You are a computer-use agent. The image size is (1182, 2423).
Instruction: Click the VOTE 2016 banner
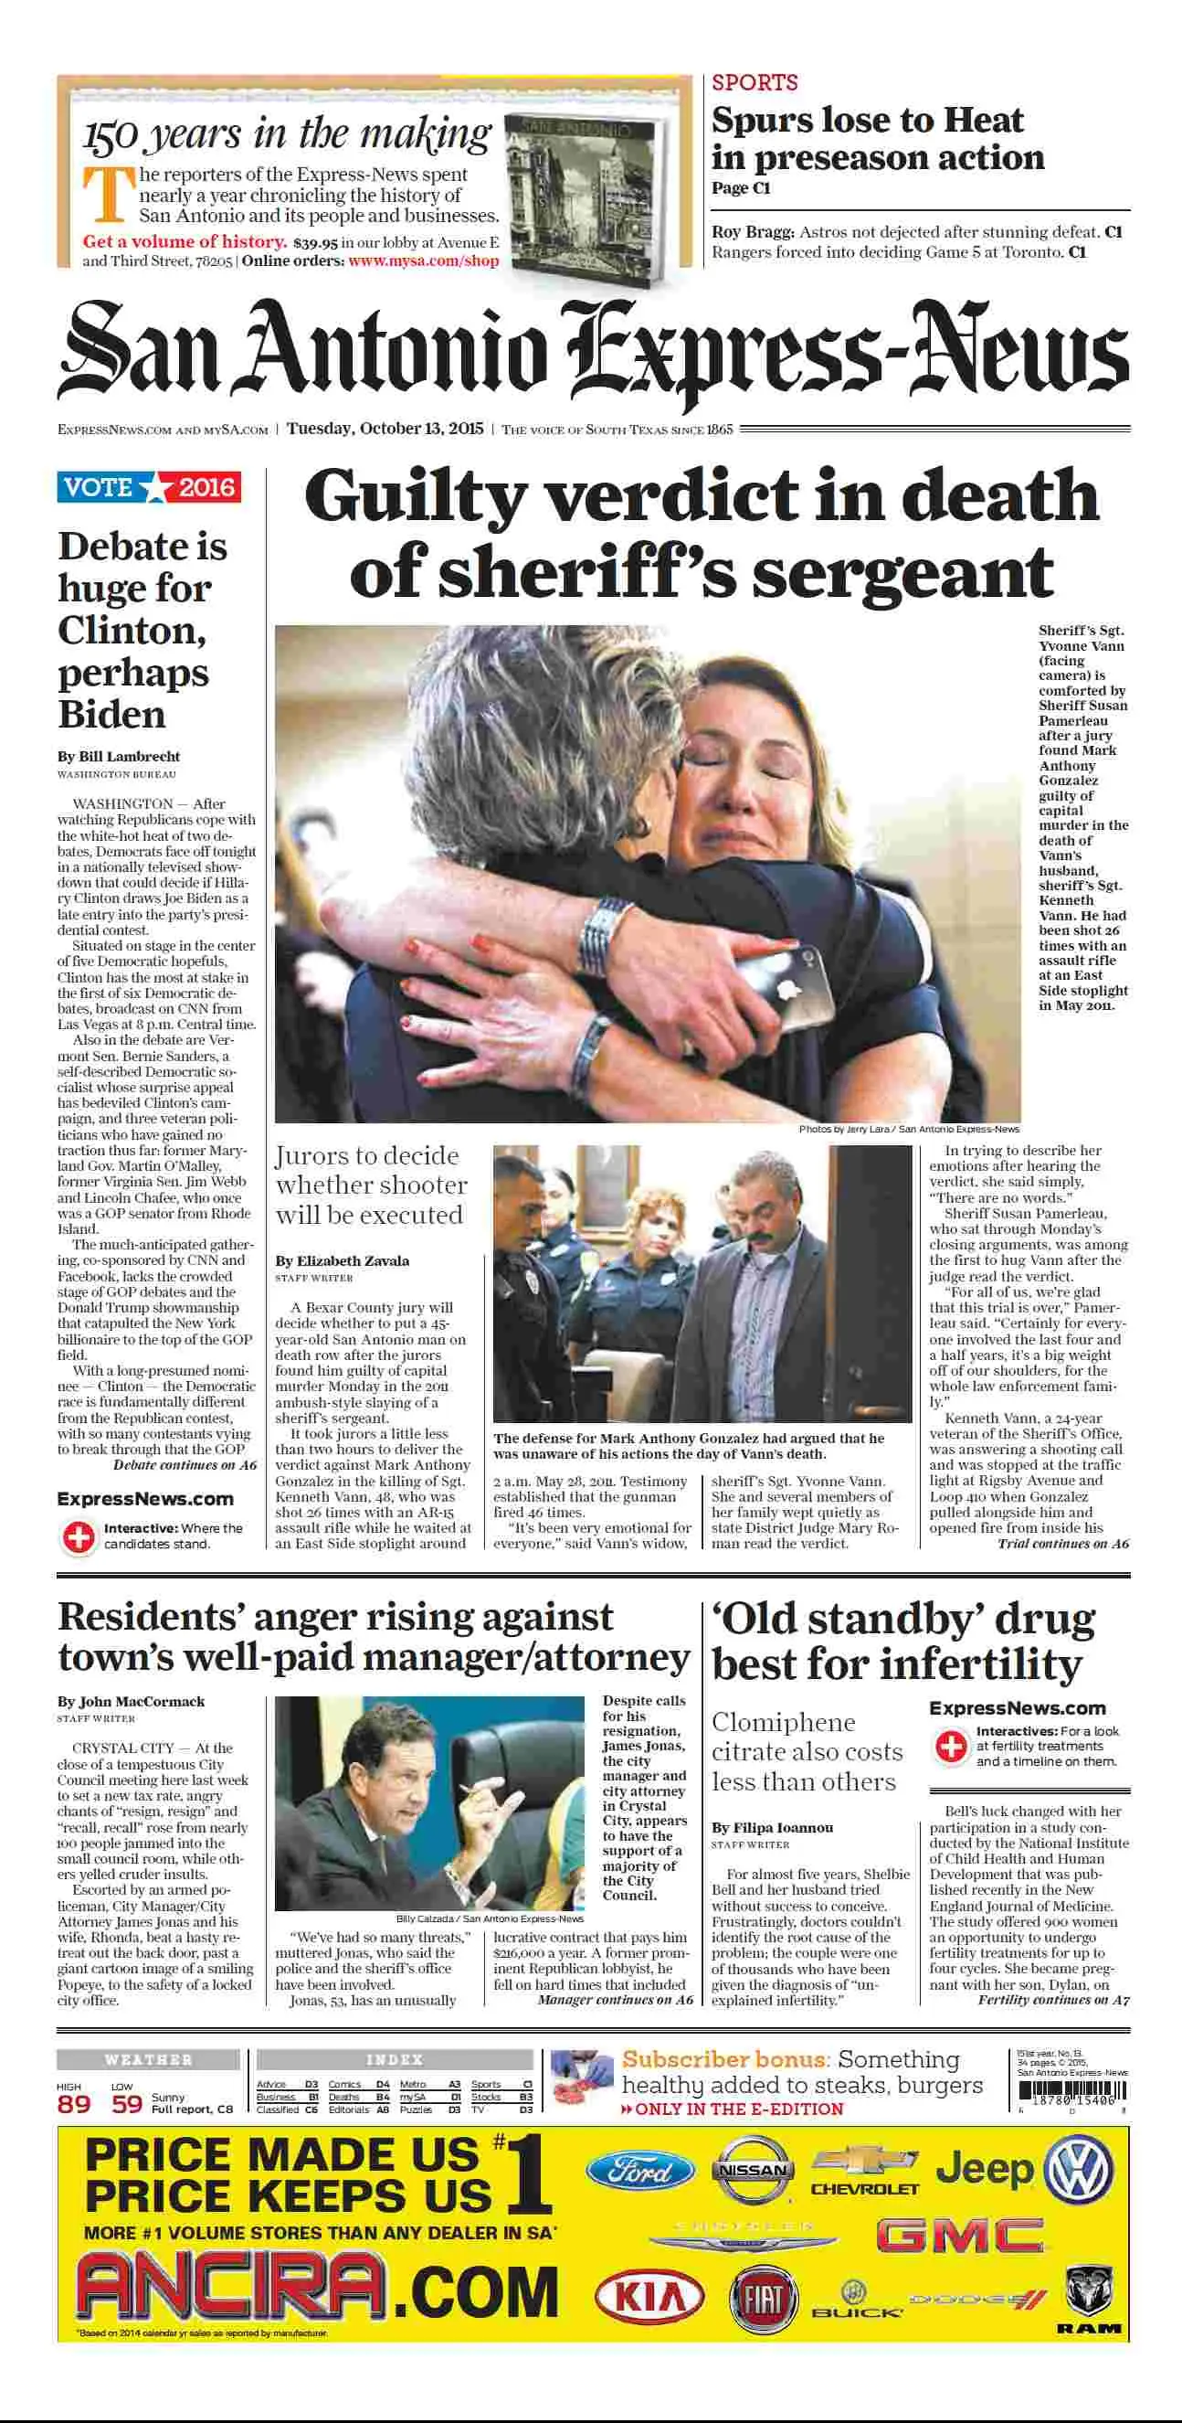point(149,487)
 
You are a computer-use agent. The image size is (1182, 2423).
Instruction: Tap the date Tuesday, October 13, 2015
point(385,429)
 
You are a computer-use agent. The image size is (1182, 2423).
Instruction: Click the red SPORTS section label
point(755,83)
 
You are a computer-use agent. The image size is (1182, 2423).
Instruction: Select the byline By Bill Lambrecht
point(119,756)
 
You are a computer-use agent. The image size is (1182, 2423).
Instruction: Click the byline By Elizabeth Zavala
point(343,1260)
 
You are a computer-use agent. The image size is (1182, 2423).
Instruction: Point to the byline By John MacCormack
point(131,1702)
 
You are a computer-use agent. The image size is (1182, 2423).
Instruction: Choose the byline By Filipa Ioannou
point(772,1828)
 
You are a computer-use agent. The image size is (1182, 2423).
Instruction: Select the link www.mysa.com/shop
point(423,260)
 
